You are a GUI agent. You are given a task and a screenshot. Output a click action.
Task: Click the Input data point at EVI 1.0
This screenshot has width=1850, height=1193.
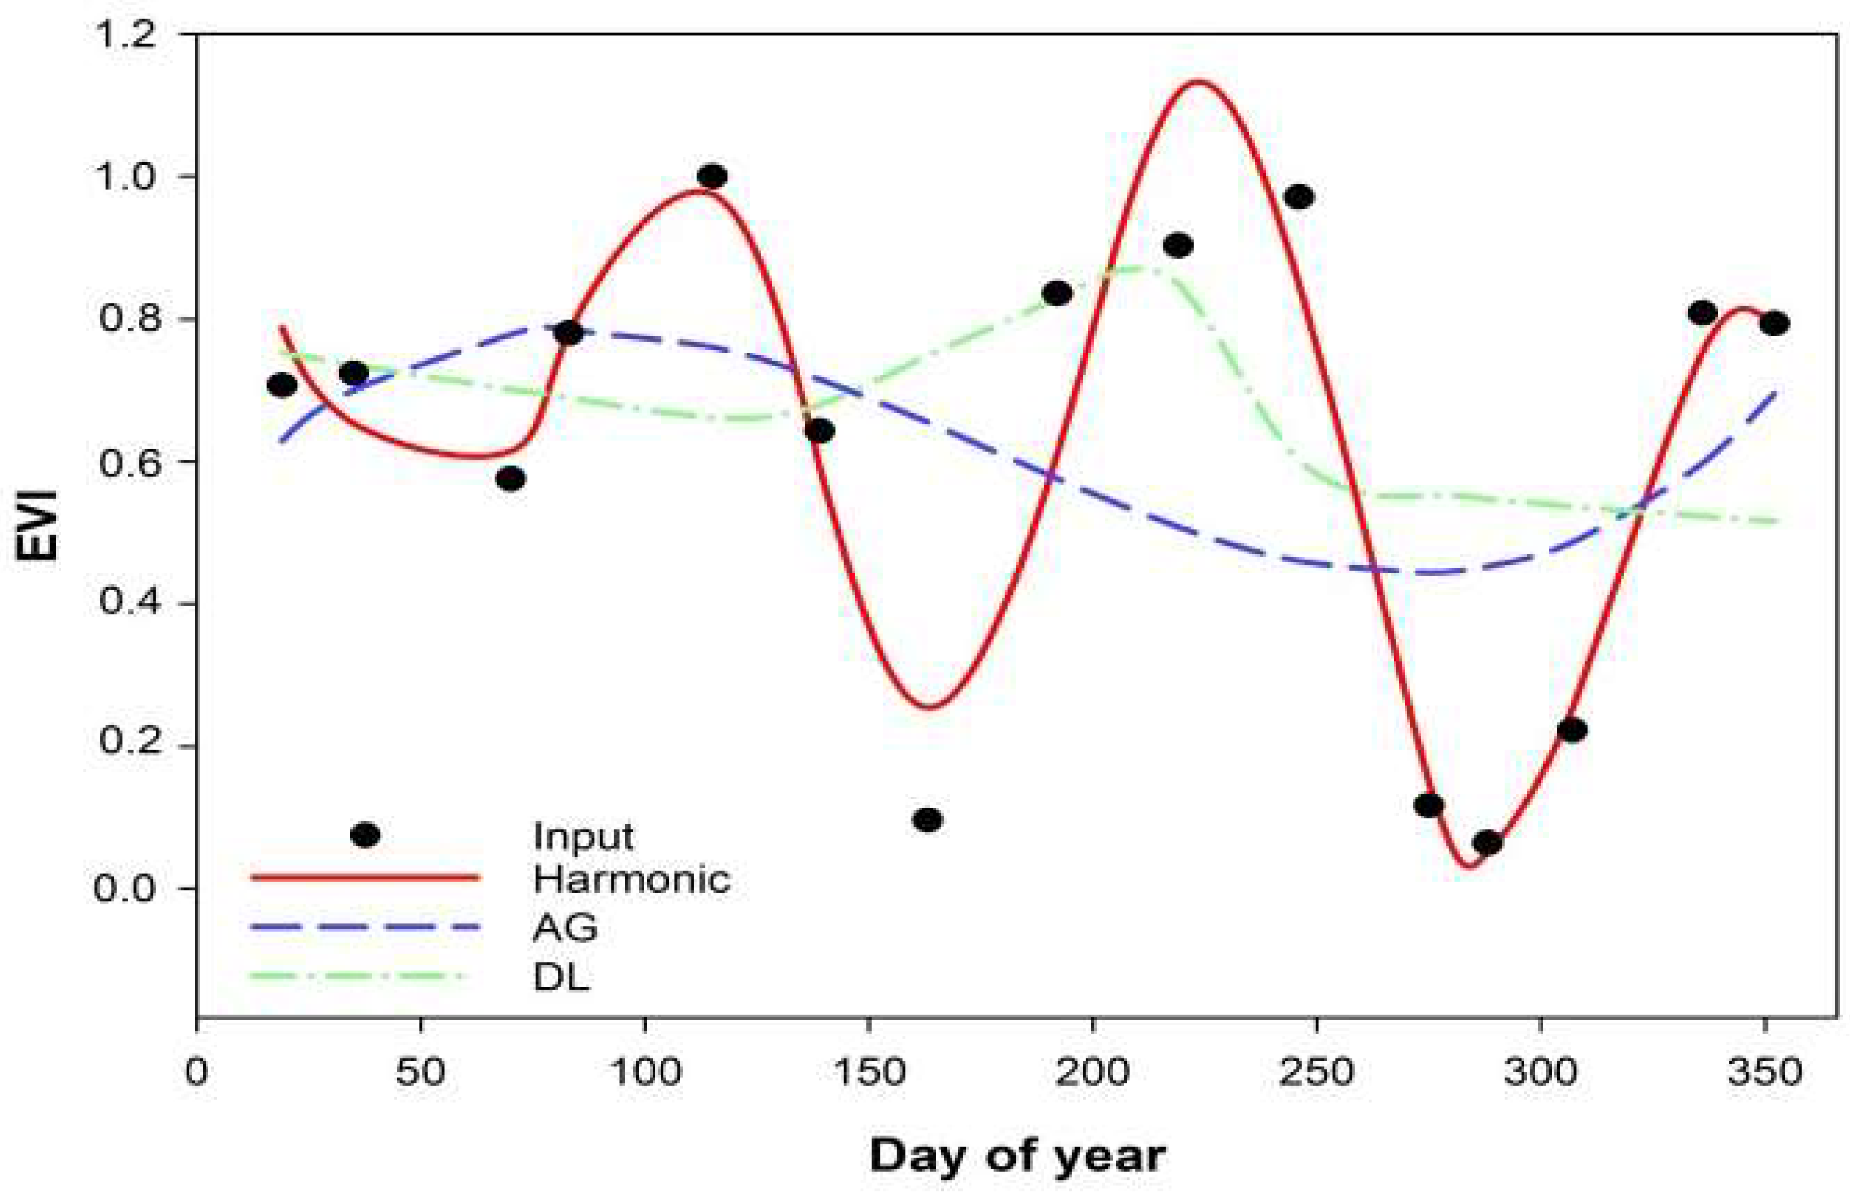[712, 176]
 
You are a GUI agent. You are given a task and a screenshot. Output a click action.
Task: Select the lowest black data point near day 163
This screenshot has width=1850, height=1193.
[928, 820]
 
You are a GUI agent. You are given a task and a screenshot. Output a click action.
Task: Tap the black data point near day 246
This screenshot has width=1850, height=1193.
[1299, 197]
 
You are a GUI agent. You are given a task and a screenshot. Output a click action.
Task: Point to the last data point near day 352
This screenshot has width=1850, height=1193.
[1774, 323]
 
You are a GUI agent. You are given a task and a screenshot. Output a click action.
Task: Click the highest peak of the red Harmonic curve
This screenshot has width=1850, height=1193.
[1198, 81]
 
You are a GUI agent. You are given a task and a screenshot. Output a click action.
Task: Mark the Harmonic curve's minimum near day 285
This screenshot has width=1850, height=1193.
[1470, 865]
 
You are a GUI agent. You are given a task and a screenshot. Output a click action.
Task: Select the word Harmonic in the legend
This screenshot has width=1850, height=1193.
[631, 879]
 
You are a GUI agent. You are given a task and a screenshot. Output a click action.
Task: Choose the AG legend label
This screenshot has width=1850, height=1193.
[565, 927]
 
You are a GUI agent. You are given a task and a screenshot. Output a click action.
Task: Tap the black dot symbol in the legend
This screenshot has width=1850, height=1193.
[365, 835]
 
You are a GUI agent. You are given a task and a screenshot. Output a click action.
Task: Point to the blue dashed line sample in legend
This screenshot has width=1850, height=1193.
[365, 927]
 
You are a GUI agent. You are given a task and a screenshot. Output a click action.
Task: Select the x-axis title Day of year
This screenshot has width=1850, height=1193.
[1018, 1156]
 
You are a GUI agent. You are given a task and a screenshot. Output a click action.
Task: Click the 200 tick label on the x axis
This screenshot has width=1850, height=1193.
[1092, 1073]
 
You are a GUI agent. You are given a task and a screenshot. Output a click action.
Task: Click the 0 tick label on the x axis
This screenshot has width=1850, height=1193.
[197, 1073]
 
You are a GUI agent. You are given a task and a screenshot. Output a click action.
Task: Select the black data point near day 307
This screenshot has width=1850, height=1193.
[1572, 730]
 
